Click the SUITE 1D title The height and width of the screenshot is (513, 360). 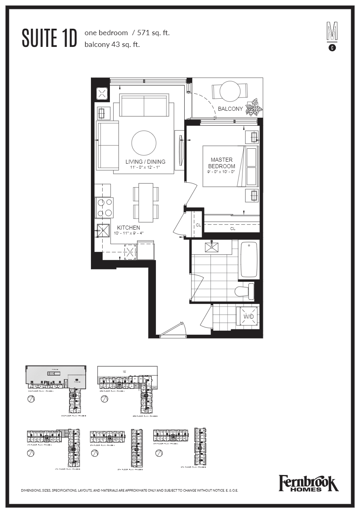49,38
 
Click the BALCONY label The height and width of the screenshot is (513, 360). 230,109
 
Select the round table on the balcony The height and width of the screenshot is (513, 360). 230,91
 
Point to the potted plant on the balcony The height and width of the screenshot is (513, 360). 254,108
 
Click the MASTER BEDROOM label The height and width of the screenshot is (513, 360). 221,163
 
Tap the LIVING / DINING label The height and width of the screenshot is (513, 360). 145,162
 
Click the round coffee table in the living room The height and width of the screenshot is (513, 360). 144,143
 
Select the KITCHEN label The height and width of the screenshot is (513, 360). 128,228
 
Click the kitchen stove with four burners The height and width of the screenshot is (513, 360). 104,207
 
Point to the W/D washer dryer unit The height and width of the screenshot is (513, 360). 248,316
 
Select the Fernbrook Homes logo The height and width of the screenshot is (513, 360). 308,483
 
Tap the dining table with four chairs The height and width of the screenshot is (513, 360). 146,203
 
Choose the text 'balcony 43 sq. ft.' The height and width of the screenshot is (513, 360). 112,45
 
